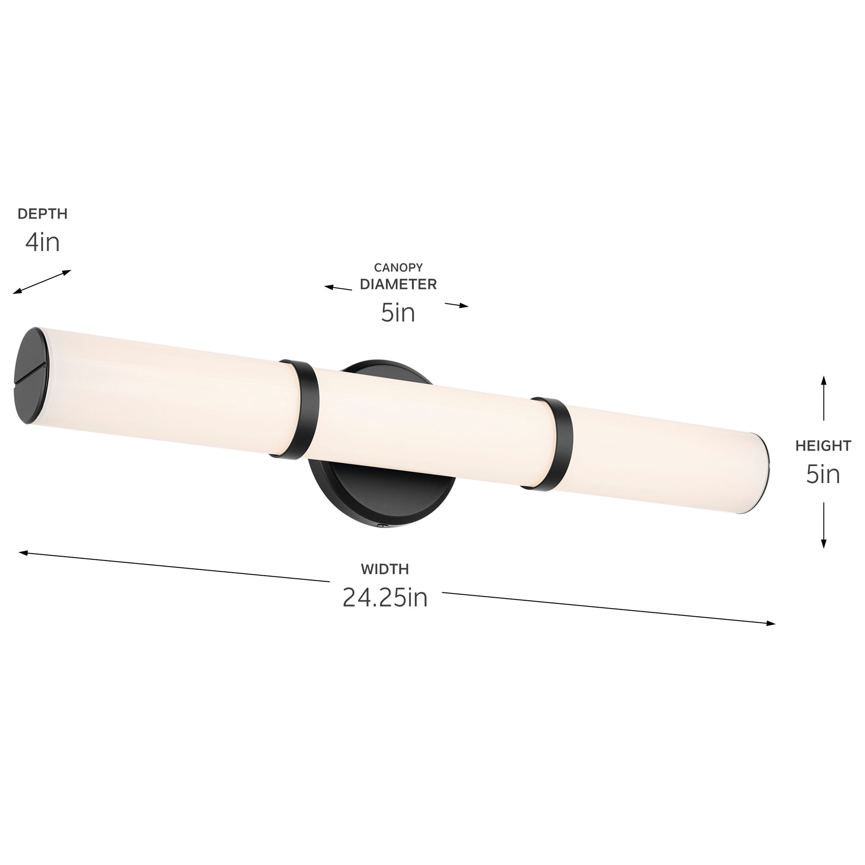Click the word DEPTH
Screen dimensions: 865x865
pos(42,214)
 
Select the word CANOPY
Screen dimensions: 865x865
pos(398,268)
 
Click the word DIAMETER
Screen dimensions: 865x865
pos(398,284)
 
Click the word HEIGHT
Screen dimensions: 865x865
pos(823,445)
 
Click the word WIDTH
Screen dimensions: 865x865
pos(385,569)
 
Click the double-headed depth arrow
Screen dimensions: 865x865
pos(42,282)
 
